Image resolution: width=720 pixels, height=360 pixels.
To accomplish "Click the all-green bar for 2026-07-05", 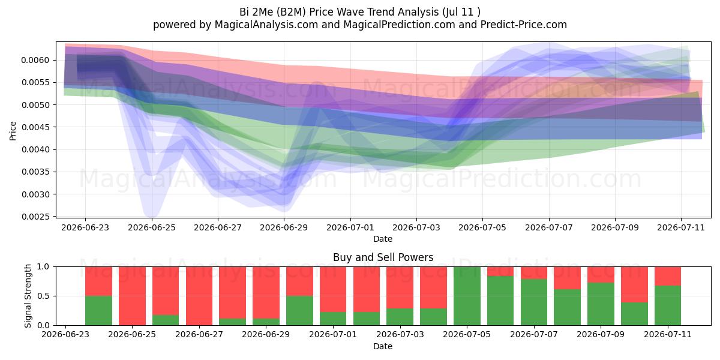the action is pos(467,296).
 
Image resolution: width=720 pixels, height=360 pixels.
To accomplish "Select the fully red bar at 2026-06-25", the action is pos(132,296).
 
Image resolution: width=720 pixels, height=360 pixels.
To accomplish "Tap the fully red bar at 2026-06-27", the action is pos(199,296).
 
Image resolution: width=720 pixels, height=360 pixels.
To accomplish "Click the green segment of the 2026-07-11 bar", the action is pos(668,305).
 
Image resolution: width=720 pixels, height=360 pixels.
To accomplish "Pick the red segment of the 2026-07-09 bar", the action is pos(601,275).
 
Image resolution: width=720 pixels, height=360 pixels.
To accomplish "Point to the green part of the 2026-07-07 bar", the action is pos(534,302).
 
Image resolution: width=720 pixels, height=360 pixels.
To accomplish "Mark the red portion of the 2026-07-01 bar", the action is pos(333,289).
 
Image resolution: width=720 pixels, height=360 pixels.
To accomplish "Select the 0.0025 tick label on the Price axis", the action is pos(35,217).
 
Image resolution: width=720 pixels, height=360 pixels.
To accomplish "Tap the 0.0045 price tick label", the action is pos(35,127).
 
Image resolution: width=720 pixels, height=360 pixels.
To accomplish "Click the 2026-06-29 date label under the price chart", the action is pos(284,227).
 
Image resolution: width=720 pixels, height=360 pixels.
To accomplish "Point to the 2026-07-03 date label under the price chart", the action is pos(416,227).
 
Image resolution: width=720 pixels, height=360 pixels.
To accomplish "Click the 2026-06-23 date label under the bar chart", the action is pos(65,334).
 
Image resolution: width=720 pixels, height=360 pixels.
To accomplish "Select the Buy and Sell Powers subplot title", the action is pos(383,257).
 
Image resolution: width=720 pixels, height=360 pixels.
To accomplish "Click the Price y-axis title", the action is pos(13,131).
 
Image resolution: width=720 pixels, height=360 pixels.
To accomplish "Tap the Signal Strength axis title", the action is pos(28,296).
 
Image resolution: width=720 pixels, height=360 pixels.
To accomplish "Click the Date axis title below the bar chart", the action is pos(383,346).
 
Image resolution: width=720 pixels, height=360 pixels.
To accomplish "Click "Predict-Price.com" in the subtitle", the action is pos(524,25).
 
